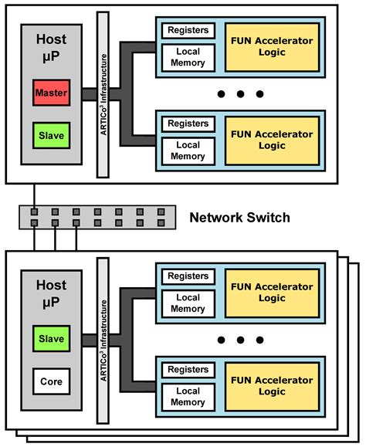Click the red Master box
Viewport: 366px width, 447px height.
tap(52, 93)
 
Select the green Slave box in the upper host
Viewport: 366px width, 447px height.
tap(52, 135)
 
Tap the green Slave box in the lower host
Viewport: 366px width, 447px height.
tap(52, 338)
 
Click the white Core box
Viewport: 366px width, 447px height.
tap(52, 380)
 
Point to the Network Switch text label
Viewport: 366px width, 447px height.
tap(239, 218)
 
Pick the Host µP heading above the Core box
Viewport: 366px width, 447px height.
tap(52, 290)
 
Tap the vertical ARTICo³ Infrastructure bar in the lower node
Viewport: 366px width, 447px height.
tap(102, 340)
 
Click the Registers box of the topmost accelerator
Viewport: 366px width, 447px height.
tap(188, 31)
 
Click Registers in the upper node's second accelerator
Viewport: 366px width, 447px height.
tap(188, 124)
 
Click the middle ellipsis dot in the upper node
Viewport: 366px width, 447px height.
tap(240, 94)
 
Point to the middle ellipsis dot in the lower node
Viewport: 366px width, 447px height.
tap(240, 340)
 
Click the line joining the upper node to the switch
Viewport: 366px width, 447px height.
tap(34, 195)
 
